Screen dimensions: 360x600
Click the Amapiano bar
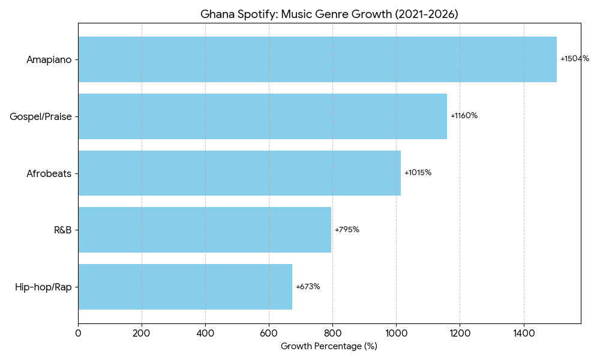[x=317, y=59]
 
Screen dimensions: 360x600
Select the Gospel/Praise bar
[x=262, y=116]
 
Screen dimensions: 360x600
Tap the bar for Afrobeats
[x=239, y=173]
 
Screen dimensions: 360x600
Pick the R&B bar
[x=204, y=230]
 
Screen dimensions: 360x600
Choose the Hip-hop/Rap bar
[x=185, y=287]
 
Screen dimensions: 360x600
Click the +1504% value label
[x=574, y=59]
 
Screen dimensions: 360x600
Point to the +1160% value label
[x=464, y=116]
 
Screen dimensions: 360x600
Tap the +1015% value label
[x=418, y=173]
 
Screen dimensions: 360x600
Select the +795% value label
[x=347, y=230]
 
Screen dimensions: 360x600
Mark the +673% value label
[x=308, y=287]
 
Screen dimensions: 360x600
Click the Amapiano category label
[x=49, y=59]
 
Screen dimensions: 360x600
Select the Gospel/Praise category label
[x=41, y=116]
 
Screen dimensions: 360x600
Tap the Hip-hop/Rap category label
[x=43, y=287]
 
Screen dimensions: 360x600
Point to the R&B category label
[x=62, y=230]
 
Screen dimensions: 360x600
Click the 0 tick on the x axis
[x=78, y=331]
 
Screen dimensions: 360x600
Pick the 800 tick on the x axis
[x=332, y=331]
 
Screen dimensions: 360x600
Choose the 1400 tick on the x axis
[x=524, y=331]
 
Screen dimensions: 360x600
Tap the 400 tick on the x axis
[x=205, y=331]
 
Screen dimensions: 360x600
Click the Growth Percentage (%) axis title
[x=329, y=346]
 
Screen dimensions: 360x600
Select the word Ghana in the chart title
[x=216, y=14]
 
